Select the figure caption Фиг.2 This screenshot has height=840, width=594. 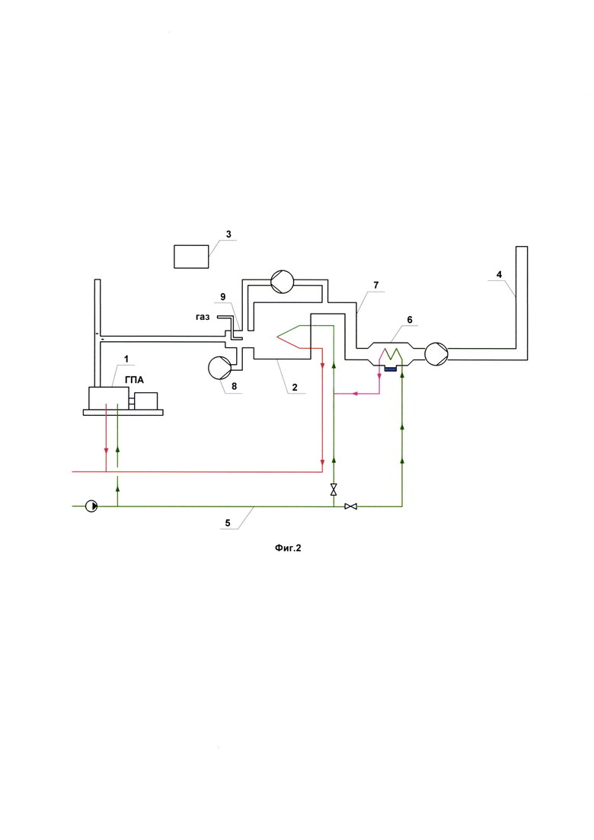point(289,547)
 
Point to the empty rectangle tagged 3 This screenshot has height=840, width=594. point(192,257)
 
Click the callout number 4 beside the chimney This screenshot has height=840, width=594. point(500,273)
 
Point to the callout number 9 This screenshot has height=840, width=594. point(222,297)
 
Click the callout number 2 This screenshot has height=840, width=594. point(294,387)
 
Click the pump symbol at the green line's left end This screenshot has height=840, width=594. point(91,505)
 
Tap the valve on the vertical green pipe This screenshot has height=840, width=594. point(334,490)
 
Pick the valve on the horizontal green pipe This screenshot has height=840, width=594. point(351,506)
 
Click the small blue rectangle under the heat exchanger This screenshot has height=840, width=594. point(391,369)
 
